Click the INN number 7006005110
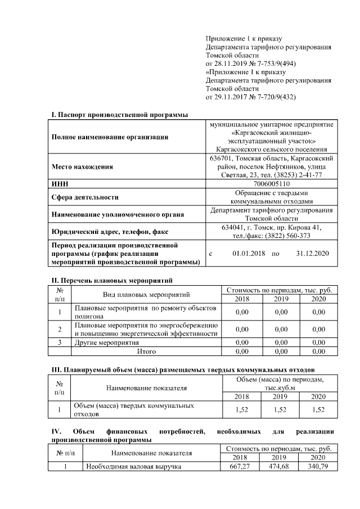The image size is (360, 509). coord(272,183)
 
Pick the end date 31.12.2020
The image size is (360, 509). coord(312,254)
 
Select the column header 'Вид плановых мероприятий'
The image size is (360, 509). coord(146,294)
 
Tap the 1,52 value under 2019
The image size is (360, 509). coord(281,410)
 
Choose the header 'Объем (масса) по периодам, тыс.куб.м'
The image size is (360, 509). coord(280,384)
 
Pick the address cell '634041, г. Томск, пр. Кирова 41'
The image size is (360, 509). coord(272,227)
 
